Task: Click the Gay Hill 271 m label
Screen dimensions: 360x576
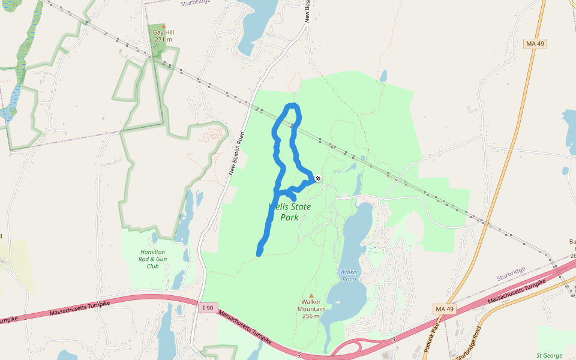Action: click(163, 36)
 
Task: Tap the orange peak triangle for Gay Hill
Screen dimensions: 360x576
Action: click(163, 26)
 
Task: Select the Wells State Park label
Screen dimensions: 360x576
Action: click(290, 212)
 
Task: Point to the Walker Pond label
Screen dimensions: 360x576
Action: click(349, 275)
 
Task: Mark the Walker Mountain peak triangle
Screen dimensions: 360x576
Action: click(311, 295)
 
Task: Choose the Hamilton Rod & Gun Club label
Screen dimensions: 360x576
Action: click(152, 259)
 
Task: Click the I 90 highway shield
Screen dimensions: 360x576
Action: click(208, 308)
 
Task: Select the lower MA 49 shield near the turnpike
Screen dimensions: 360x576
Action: click(443, 308)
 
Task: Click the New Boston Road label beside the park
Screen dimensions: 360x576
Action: click(236, 154)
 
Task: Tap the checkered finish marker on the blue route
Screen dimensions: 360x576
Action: click(317, 178)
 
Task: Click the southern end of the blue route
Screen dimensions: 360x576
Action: click(259, 254)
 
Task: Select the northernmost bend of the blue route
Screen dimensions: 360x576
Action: click(292, 106)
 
